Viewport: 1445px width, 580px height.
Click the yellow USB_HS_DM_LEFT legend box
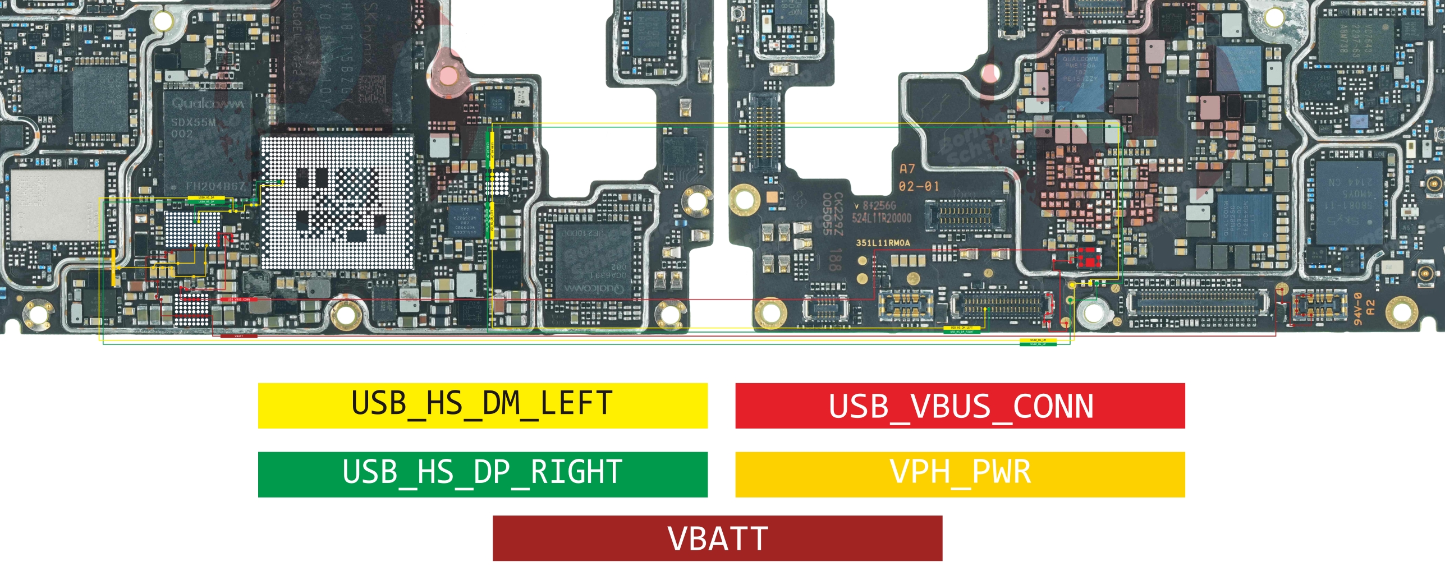point(483,406)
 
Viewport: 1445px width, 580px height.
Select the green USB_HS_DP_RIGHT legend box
point(483,474)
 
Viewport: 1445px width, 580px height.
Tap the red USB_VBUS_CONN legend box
point(960,406)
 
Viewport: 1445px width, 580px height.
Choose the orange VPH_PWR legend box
point(960,474)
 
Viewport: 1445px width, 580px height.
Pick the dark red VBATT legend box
point(717,538)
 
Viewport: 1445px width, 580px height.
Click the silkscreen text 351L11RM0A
point(883,243)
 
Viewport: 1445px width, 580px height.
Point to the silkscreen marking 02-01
point(919,186)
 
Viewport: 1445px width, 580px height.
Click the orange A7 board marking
point(907,168)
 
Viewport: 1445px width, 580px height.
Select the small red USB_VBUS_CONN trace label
point(239,300)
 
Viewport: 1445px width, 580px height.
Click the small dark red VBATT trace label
point(239,336)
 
